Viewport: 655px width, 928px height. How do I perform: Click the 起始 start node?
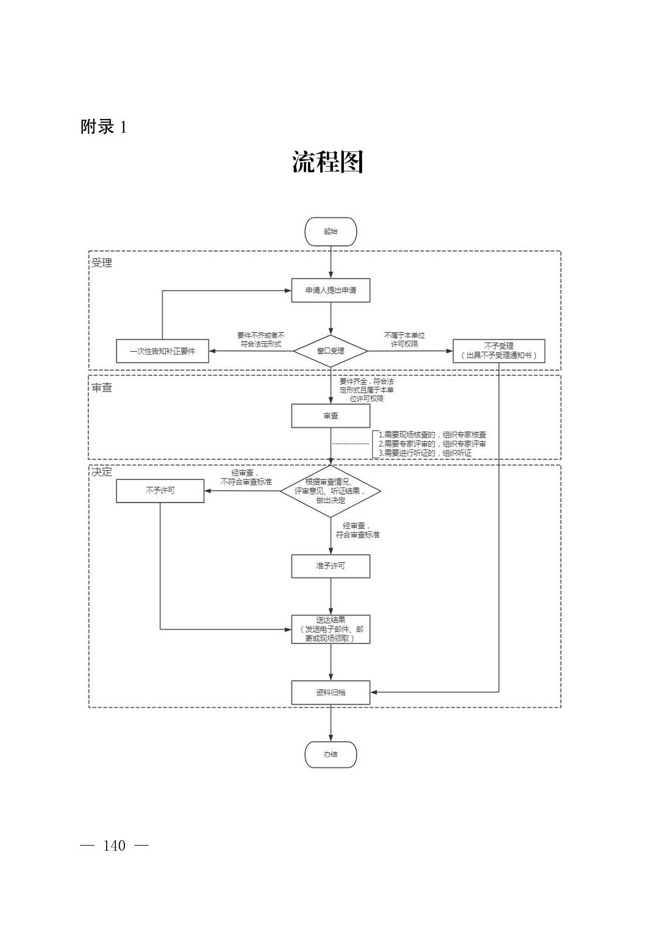point(331,231)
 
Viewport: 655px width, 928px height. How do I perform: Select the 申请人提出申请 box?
point(331,290)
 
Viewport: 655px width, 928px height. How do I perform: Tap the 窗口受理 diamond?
point(331,351)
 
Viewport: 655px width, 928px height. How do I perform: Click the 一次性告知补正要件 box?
point(162,351)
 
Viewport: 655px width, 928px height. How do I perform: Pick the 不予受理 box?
point(498,350)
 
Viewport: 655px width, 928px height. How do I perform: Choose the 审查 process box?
point(331,416)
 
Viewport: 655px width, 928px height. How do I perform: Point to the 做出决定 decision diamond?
point(331,491)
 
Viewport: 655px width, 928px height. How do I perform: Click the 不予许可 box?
point(160,490)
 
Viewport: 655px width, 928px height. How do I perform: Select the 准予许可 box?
point(331,566)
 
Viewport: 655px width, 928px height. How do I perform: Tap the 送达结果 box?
point(331,629)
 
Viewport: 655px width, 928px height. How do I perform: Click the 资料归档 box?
point(331,692)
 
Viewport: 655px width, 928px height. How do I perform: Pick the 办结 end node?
point(331,754)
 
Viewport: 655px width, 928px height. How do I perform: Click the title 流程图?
point(327,162)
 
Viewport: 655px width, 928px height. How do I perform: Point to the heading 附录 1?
point(104,127)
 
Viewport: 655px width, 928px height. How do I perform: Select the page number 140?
point(115,846)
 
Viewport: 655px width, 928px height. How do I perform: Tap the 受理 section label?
point(102,263)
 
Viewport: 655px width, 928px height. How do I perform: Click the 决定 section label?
point(102,472)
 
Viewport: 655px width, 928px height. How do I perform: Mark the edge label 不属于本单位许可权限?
point(404,339)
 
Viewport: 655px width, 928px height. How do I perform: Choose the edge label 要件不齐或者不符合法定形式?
point(261,339)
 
